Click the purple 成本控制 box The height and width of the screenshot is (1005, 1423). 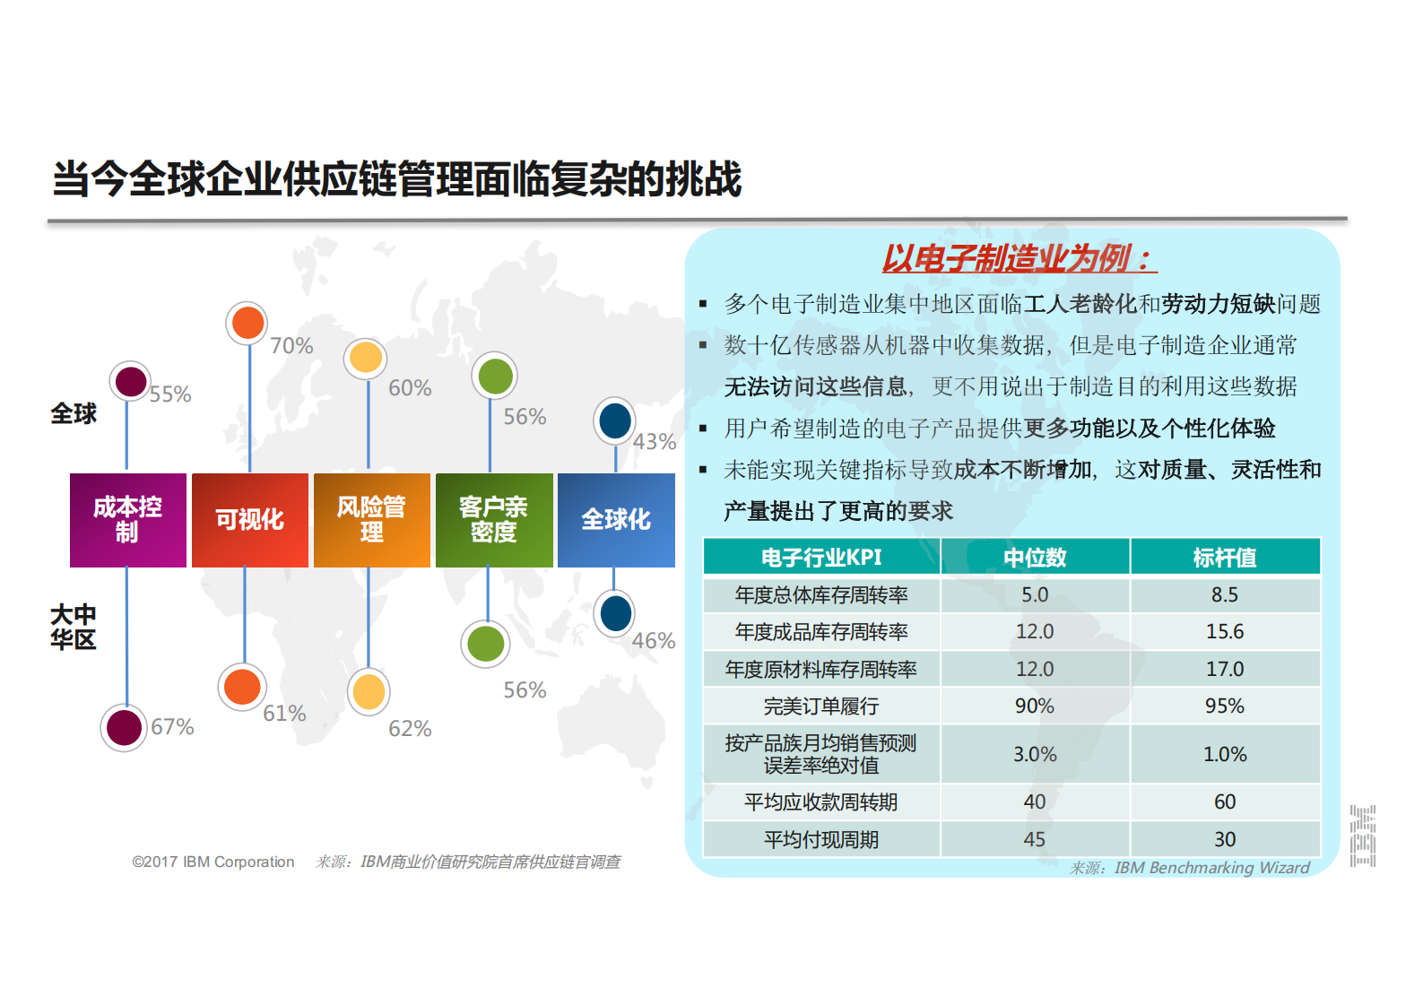tap(128, 520)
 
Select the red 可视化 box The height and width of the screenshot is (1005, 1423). tap(250, 520)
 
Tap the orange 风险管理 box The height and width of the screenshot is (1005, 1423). tap(372, 520)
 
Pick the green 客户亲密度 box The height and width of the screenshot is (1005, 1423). tap(494, 520)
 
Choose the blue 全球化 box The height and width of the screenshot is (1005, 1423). tap(616, 520)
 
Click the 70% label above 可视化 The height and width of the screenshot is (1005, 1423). tap(291, 346)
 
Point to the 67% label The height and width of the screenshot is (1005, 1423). tap(172, 727)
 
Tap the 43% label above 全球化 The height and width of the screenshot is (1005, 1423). tap(655, 442)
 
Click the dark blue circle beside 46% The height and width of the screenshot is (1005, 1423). tap(615, 614)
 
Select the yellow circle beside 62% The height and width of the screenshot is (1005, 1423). tap(369, 692)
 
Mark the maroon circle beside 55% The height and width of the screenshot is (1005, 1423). tap(131, 382)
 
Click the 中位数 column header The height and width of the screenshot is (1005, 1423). tap(1035, 558)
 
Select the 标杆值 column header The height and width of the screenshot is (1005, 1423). tap(1225, 558)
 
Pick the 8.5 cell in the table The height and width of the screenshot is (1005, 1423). tap(1225, 595)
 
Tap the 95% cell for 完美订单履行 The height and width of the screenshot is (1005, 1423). tap(1225, 706)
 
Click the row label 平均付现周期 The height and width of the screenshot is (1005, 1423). tap(821, 840)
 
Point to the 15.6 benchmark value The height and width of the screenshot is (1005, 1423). tap(1225, 632)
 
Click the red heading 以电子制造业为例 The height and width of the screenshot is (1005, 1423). tap(1017, 259)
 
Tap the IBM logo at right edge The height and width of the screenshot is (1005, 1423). tap(1363, 836)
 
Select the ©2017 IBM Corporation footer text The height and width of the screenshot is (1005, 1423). tap(213, 862)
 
